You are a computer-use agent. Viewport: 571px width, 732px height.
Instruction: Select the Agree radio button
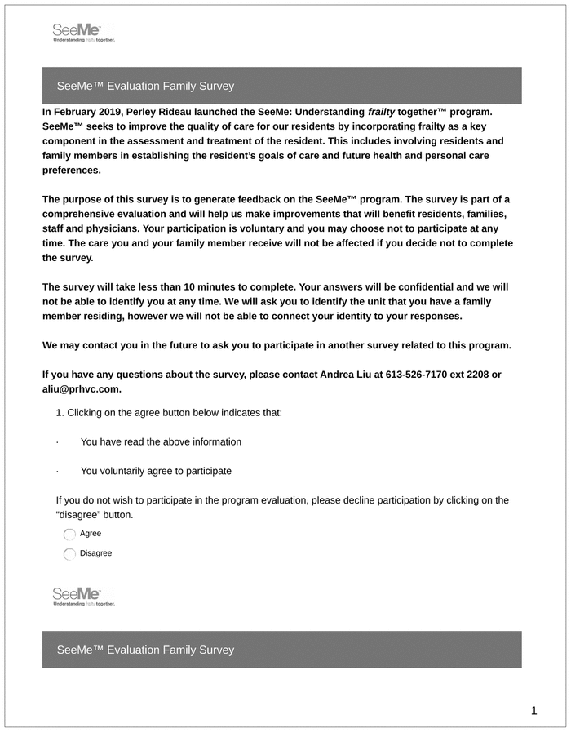(x=69, y=535)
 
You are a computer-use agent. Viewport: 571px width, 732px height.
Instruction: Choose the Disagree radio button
(x=69, y=554)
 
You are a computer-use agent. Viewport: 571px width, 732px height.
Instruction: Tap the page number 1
(x=533, y=711)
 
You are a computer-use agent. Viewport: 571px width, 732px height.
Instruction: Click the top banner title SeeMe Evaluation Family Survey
(x=145, y=86)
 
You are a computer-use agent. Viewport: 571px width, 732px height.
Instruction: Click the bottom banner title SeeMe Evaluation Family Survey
(x=145, y=650)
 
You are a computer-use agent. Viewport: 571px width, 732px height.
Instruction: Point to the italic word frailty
(x=381, y=111)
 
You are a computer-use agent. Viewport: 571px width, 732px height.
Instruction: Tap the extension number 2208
(x=478, y=375)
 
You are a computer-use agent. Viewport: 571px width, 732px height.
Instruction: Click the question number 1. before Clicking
(x=60, y=413)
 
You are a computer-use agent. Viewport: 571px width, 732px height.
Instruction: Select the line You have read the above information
(x=161, y=442)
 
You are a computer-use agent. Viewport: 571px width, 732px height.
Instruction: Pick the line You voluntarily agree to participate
(x=156, y=472)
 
